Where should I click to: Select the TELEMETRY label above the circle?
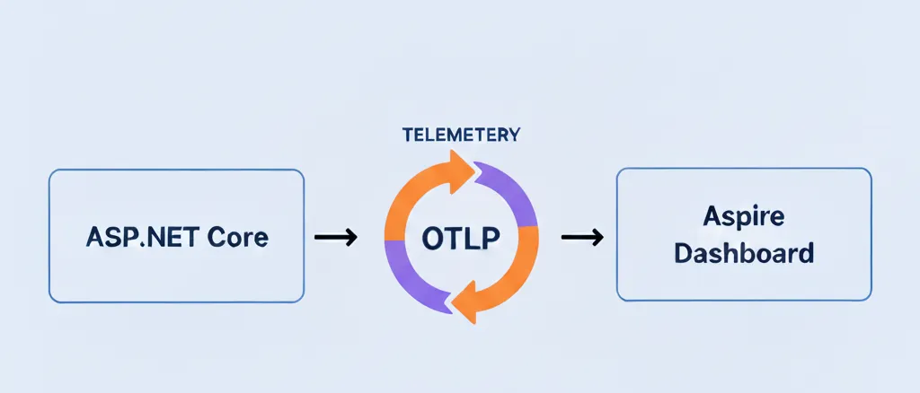click(461, 135)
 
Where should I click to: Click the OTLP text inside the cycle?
click(461, 238)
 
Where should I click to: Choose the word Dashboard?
click(744, 254)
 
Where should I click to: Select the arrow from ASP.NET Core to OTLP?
click(336, 237)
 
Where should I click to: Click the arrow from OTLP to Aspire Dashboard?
click(582, 237)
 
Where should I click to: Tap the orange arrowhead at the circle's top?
click(461, 170)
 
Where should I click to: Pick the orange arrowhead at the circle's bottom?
click(464, 302)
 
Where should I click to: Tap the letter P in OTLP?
click(491, 238)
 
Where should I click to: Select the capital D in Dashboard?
click(683, 254)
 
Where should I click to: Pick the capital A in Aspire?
click(712, 217)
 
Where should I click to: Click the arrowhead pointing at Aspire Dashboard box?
click(597, 237)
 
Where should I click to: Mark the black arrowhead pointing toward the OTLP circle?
click(351, 237)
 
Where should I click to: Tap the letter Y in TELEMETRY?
click(513, 135)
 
